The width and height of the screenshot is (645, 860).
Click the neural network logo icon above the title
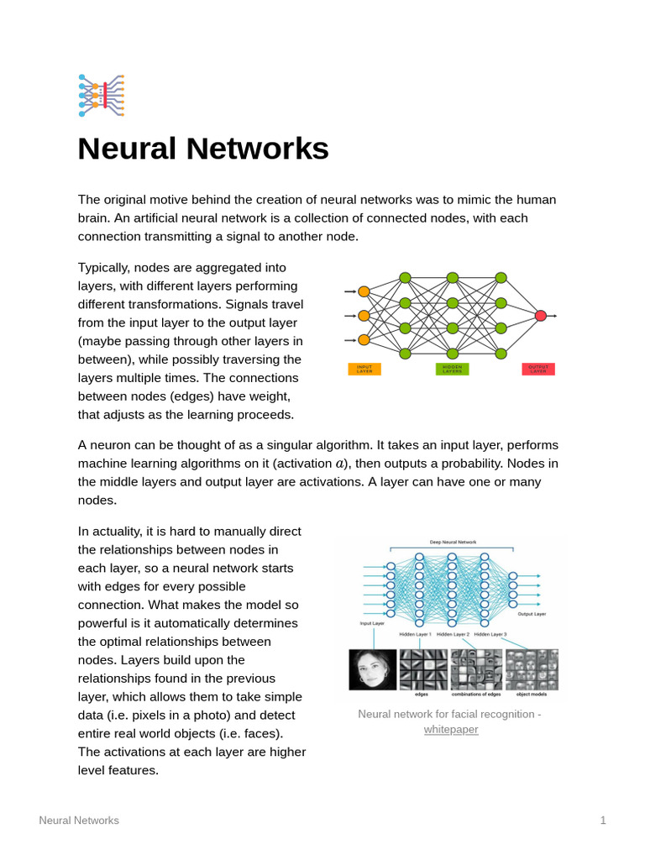pyautogui.click(x=101, y=95)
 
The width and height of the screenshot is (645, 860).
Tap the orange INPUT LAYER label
pyautogui.click(x=364, y=369)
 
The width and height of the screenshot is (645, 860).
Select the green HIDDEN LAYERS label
pyautogui.click(x=453, y=369)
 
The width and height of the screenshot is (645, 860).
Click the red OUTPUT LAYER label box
pyautogui.click(x=538, y=369)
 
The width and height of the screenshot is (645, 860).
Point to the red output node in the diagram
pyautogui.click(x=540, y=316)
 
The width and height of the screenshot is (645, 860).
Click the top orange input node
pyautogui.click(x=364, y=291)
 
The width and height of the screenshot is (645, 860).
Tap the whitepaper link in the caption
pyautogui.click(x=451, y=729)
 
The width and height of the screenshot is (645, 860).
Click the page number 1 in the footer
pyautogui.click(x=603, y=820)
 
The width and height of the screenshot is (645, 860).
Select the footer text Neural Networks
pyautogui.click(x=79, y=820)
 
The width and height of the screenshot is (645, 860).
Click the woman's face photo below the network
pyautogui.click(x=372, y=669)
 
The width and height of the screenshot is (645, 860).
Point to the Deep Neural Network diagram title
pyautogui.click(x=453, y=543)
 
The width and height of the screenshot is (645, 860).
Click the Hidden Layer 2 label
pyautogui.click(x=453, y=634)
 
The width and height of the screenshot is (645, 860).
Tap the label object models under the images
pyautogui.click(x=532, y=695)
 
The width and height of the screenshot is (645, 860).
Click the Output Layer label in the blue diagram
pyautogui.click(x=532, y=614)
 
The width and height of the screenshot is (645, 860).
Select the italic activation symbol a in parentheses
pyautogui.click(x=339, y=464)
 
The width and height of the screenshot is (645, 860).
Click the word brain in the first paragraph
pyautogui.click(x=94, y=218)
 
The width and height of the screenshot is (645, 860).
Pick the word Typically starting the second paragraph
pyautogui.click(x=104, y=267)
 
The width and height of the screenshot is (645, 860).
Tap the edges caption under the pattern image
pyautogui.click(x=422, y=695)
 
